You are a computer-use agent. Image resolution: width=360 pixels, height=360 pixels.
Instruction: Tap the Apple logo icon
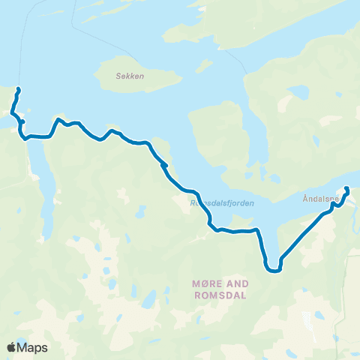pos(12,347)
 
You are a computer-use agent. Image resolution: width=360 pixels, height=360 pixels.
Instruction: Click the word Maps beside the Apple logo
pos(32,347)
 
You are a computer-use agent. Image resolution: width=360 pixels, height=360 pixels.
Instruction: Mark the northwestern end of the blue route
pos(17,90)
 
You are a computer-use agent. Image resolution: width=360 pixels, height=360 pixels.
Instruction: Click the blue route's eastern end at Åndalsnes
pos(347,189)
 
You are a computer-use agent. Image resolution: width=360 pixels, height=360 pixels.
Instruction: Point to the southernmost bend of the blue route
pos(274,271)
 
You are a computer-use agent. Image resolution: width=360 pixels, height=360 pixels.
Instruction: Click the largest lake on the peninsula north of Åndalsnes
pos(298,92)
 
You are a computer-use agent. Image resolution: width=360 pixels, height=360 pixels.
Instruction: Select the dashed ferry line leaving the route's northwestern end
pos(20,45)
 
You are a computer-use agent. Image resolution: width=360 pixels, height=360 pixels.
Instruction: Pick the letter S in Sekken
pos(119,76)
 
